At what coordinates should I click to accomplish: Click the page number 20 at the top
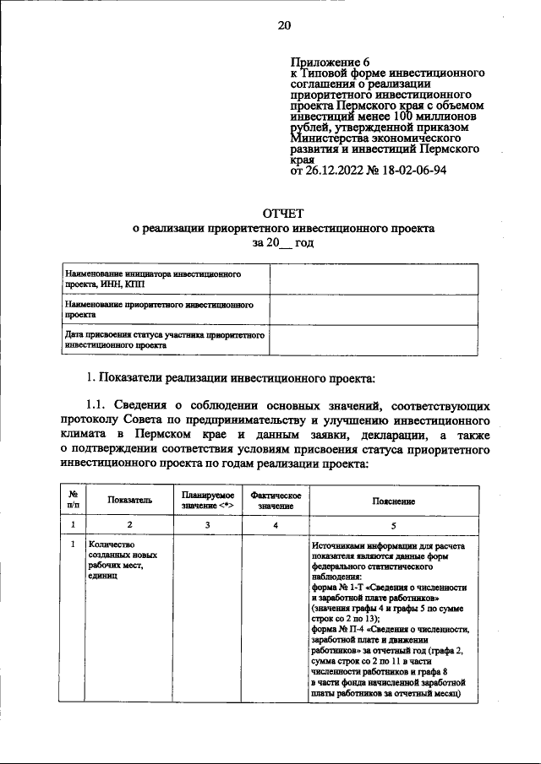tap(284, 25)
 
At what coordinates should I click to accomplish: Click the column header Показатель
tap(130, 500)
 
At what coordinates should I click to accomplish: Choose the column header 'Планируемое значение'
tap(206, 499)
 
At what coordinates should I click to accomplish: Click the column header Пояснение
tap(393, 500)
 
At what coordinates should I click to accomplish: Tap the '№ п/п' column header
tap(74, 499)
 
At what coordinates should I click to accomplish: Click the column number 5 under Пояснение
tap(393, 525)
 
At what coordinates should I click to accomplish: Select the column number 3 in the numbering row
tap(206, 525)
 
